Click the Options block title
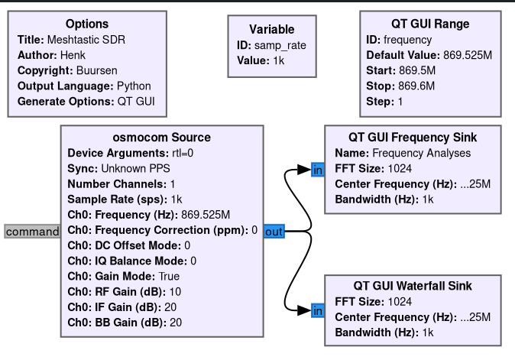coord(86,24)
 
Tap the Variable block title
coord(271,30)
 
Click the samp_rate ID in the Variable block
coord(280,45)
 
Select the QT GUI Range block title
coord(429,24)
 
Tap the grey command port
coord(32,232)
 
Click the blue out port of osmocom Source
coord(274,231)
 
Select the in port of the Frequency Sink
coord(317,170)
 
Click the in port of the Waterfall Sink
coord(317,310)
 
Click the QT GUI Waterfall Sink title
coord(413,286)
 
